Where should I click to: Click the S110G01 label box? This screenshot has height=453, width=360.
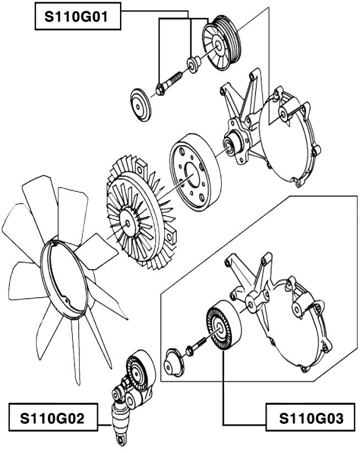point(78,16)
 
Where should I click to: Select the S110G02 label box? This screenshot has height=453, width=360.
point(53,417)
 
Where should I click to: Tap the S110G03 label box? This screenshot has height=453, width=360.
point(310,417)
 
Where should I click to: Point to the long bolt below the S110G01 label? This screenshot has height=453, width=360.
point(169,83)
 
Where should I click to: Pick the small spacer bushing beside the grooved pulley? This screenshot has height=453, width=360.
point(193,64)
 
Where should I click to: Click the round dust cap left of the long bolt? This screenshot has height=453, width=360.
point(140,105)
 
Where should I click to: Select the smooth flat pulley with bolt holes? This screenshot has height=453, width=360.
point(195,172)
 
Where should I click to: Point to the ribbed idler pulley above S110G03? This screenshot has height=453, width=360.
point(223,325)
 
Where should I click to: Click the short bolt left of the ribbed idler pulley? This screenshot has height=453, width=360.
point(196,346)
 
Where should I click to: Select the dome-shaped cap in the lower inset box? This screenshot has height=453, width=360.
point(174,363)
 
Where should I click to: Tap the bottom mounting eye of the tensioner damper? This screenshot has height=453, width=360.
point(121,439)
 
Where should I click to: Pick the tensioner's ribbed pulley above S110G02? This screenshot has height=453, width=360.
point(140,373)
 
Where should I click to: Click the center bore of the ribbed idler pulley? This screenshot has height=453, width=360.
point(219,328)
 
